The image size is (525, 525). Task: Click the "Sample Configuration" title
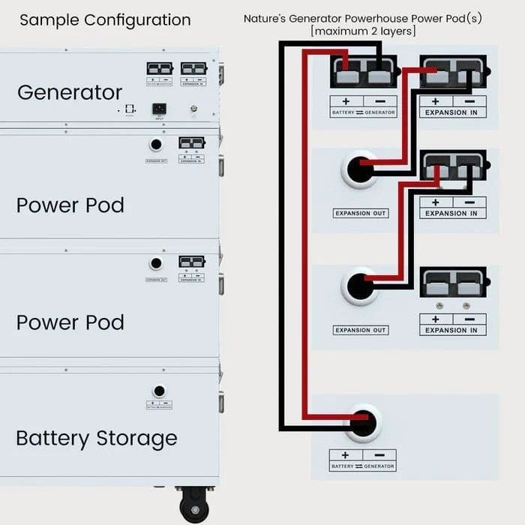pos(105,20)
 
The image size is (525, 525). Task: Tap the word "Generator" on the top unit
pos(70,92)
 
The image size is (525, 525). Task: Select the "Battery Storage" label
pos(97,438)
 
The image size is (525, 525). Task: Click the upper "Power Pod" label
pos(70,205)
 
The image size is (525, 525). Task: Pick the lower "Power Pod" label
pos(70,322)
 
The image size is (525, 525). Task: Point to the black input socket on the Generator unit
pos(159,109)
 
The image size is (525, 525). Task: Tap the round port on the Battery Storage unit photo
pos(159,391)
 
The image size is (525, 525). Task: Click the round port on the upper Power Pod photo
pos(156,145)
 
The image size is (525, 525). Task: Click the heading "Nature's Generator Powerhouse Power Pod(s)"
pos(363,18)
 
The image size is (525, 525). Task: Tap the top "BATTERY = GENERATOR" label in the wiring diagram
pos(363,112)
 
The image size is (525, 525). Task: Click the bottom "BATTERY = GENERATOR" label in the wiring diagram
pos(363,466)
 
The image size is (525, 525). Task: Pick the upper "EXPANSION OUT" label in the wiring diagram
pos(360,214)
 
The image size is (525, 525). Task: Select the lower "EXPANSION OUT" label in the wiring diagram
pos(360,331)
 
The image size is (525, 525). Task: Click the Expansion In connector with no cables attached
pos(453,283)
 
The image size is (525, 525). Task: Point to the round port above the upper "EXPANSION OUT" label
pos(360,169)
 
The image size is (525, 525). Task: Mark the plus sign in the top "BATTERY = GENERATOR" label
pos(346,101)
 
